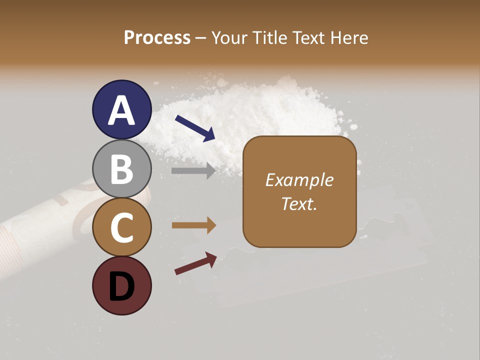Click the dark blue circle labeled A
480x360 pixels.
121,110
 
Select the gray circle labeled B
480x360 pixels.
121,169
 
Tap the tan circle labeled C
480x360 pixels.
121,227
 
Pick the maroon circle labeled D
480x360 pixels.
121,285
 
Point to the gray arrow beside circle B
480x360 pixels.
193,170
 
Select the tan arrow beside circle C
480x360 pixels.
193,225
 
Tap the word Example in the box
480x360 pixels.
299,180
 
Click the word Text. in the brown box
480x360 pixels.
299,204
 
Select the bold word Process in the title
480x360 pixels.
157,37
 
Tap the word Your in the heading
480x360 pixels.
230,37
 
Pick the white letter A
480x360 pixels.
121,110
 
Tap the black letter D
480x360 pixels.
121,286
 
